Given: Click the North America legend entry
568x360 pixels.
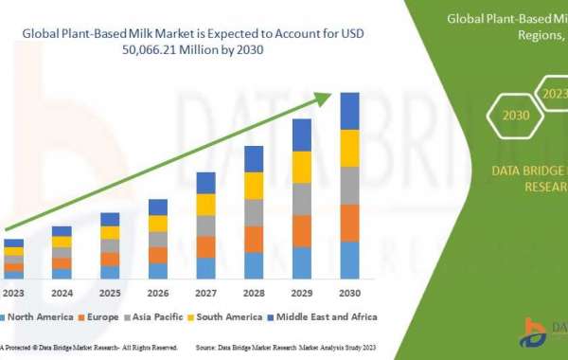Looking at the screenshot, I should tap(37, 315).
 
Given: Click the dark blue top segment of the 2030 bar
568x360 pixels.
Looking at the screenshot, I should tap(349, 111).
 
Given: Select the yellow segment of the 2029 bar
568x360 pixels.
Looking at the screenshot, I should tap(302, 167).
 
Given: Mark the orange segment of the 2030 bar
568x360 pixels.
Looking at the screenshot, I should tap(349, 223).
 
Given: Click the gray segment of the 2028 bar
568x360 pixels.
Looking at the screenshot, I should tap(254, 213).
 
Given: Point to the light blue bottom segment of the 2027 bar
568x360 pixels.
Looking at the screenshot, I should tap(205, 268).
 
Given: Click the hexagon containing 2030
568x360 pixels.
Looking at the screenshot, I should tap(516, 115).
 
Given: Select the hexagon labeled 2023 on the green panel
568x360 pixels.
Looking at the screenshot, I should tap(553, 93).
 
